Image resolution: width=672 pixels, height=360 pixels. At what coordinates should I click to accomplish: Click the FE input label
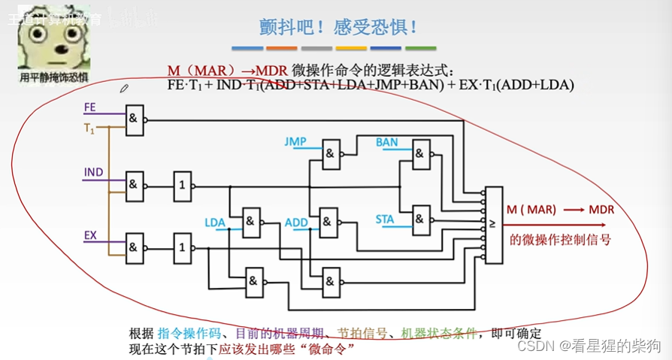point(90,107)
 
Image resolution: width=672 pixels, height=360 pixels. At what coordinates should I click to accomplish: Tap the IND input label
point(93,174)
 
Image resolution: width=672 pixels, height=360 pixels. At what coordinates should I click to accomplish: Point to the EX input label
point(90,236)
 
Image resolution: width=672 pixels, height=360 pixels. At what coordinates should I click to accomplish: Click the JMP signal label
point(296,141)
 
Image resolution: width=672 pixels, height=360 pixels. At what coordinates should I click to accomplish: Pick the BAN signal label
point(387,142)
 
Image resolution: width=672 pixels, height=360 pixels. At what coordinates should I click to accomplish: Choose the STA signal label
point(385,219)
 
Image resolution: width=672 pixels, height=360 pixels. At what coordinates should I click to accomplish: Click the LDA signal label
point(216,222)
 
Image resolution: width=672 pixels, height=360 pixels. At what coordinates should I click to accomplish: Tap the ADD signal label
point(297,222)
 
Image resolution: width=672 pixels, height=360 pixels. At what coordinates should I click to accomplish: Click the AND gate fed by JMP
point(330,156)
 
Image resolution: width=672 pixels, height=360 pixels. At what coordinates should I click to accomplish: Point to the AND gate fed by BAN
point(421,156)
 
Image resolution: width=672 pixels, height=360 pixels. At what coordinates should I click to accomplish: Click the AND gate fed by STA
point(421,219)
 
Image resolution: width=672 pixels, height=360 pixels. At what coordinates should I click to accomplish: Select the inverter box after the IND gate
point(181,184)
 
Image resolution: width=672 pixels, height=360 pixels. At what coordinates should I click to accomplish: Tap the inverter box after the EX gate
point(181,246)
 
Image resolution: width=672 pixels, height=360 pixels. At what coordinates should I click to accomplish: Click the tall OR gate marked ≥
point(493,225)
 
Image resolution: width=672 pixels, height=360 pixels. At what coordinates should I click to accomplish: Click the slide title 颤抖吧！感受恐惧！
point(334,28)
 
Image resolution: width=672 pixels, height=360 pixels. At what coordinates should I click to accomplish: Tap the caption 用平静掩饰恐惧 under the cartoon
point(53,77)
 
